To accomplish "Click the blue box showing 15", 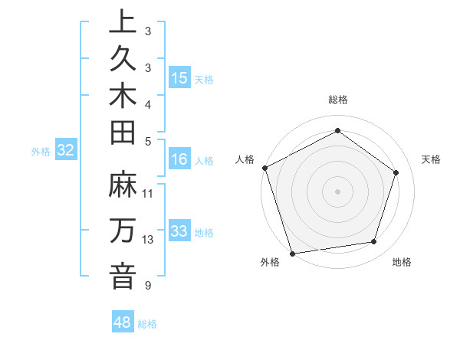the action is (x=179, y=78).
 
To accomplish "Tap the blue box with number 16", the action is (x=179, y=159).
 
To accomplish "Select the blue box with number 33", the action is (x=179, y=231).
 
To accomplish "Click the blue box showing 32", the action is (x=66, y=151).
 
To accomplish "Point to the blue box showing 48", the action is (x=123, y=322).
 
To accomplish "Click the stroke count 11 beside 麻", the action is (x=148, y=193).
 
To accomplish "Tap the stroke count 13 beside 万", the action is (x=148, y=240).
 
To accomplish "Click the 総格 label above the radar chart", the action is (x=337, y=100).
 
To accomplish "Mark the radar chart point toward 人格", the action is (x=264, y=168).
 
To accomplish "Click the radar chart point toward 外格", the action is (x=292, y=253).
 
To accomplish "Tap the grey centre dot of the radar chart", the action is (x=337, y=191).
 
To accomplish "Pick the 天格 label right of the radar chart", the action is (x=432, y=159).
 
